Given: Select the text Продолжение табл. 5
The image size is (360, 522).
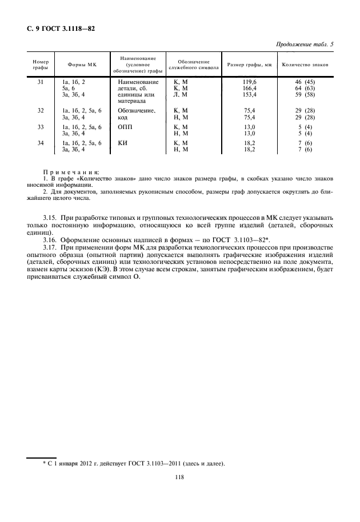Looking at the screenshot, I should tap(305, 45).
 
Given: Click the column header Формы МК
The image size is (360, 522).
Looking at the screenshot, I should tap(82, 66).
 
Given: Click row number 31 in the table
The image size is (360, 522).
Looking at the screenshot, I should tap(40, 83).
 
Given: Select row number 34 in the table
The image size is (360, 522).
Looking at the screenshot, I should tap(40, 143).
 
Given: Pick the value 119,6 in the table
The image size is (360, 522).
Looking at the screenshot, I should tap(249, 83).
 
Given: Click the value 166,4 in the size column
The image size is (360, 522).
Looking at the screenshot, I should tap(249, 89).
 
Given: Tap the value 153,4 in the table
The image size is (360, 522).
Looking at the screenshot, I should tap(249, 95).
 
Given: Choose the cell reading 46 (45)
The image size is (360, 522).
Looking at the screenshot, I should tap(305, 83).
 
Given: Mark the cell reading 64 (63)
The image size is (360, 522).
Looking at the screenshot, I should tap(305, 89).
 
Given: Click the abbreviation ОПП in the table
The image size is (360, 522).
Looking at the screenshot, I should tap(125, 126).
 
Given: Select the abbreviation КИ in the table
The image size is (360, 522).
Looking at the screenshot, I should tap(122, 143).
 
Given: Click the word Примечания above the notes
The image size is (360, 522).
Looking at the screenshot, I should tap(71, 172).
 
